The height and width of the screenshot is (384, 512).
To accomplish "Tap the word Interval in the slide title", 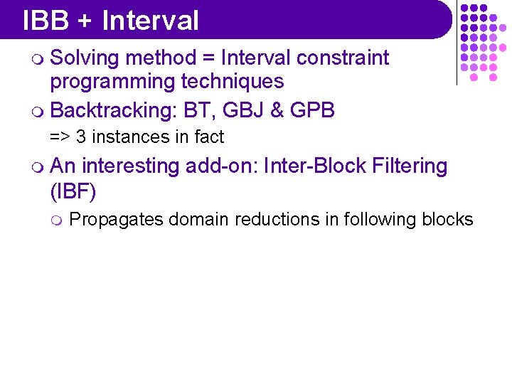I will click(150, 21).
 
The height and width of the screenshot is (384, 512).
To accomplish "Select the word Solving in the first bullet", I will click(85, 58).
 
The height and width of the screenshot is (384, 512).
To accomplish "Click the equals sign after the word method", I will click(210, 58).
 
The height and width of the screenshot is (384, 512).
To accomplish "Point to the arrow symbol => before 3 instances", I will click(59, 137).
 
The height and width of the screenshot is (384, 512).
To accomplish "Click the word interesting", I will click(131, 166).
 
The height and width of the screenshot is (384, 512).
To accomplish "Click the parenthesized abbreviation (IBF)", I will click(73, 191).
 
